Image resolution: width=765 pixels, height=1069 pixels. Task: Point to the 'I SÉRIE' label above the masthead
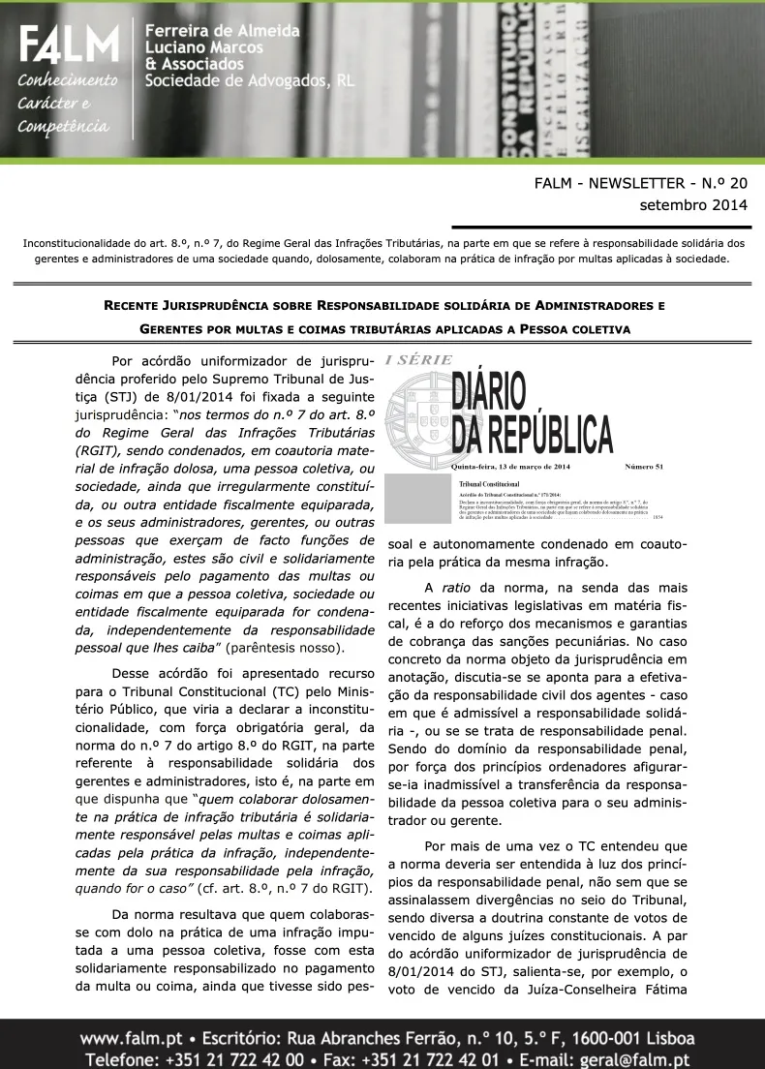[x=418, y=360]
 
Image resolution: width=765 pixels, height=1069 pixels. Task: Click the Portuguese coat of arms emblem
[x=418, y=413]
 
